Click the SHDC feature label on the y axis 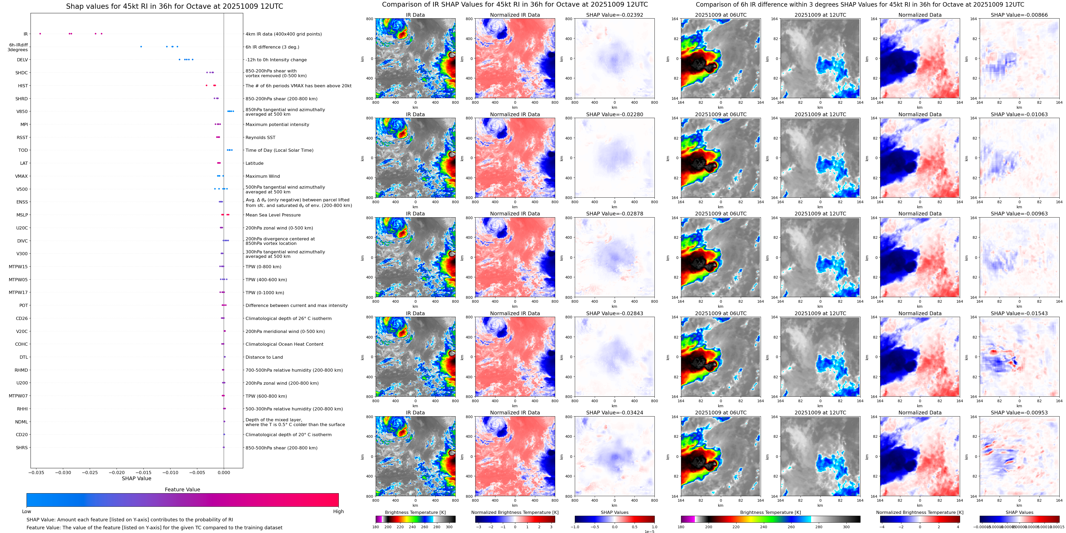(x=22, y=73)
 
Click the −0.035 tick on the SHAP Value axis (x=36, y=473)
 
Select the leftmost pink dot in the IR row (x=40, y=33)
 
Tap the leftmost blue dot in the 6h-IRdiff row (x=141, y=47)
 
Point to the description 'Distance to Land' (x=264, y=357)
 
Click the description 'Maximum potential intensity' (x=277, y=124)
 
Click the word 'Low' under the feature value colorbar (x=27, y=512)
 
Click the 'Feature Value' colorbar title (x=182, y=489)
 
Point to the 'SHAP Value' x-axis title (x=136, y=478)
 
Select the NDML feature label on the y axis (x=22, y=422)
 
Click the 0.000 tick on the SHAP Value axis (x=224, y=473)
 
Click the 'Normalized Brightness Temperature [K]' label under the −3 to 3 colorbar (x=515, y=512)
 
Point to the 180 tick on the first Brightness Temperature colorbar (x=376, y=527)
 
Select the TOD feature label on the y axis (x=23, y=150)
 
